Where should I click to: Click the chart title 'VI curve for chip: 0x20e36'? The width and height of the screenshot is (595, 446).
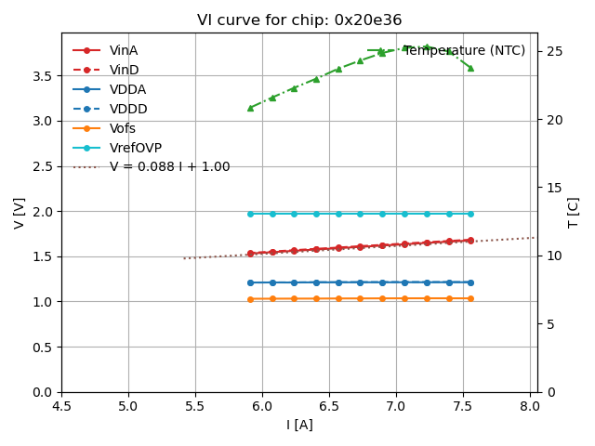[299, 20]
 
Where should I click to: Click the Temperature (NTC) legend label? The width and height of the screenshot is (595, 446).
[464, 50]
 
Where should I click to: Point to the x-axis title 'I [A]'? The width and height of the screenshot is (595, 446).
[299, 425]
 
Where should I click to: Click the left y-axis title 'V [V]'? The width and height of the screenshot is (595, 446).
[19, 213]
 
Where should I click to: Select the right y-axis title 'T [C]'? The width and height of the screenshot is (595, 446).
[574, 213]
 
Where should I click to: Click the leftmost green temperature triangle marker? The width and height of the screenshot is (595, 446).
[250, 108]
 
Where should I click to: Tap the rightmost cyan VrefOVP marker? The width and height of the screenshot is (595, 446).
[470, 214]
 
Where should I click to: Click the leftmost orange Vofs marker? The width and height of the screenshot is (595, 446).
[250, 299]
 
